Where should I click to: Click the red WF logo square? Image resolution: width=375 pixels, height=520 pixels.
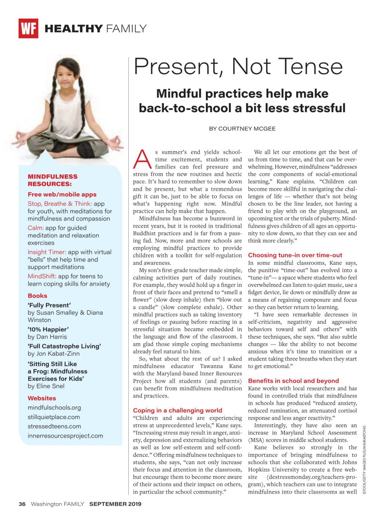pos(28,29)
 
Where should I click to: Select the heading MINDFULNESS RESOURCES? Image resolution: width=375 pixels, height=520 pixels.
pos(52,180)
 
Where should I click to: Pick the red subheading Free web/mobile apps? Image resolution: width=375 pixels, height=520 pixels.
pos(62,195)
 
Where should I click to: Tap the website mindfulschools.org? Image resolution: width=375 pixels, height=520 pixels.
pos(54,407)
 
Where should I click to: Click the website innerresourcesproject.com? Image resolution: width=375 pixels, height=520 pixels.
pos(65,435)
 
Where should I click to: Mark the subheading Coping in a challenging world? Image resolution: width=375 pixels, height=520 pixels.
pos(177,410)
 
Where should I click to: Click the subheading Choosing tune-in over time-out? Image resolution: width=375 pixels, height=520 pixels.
pos(295,255)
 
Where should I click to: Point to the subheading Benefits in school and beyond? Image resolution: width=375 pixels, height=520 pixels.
pos(293,380)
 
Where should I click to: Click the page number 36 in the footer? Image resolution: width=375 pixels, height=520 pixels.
pos(22,504)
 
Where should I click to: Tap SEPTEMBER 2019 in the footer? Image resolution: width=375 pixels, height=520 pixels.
pos(115,504)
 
